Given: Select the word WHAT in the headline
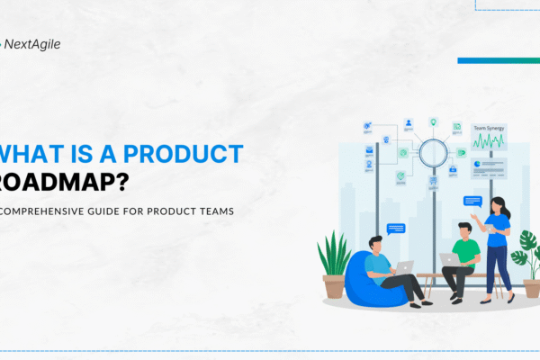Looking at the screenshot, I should [x=26, y=152].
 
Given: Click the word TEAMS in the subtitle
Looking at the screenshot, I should [x=211, y=211].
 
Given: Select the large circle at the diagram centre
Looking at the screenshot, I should [x=433, y=151].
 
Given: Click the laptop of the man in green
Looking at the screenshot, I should [x=450, y=260].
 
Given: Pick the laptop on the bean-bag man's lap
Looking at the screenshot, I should [x=405, y=266].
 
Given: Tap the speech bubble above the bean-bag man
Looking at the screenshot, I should [x=394, y=229].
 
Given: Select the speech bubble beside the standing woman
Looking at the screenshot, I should [x=472, y=202].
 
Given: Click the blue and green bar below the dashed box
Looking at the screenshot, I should [x=498, y=60].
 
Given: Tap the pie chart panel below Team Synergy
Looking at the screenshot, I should [x=489, y=166].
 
